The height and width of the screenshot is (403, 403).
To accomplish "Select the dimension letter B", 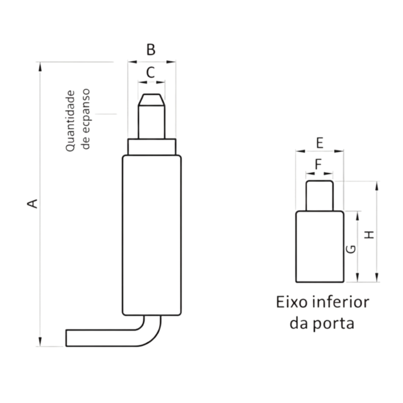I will (151, 50).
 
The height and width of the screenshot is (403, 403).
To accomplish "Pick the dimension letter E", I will (320, 142).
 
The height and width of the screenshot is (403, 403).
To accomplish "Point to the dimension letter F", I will (319, 164).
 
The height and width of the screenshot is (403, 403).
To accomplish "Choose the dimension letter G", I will (352, 249).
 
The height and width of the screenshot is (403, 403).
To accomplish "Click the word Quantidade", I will (70, 121).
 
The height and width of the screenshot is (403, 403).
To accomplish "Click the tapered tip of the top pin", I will (152, 99).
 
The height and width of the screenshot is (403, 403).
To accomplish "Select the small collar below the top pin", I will (152, 146).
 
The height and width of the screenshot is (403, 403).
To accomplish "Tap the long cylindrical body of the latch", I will (152, 235).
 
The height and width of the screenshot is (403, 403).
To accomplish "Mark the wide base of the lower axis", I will (320, 246).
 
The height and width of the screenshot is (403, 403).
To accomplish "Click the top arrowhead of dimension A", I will (40, 66).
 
